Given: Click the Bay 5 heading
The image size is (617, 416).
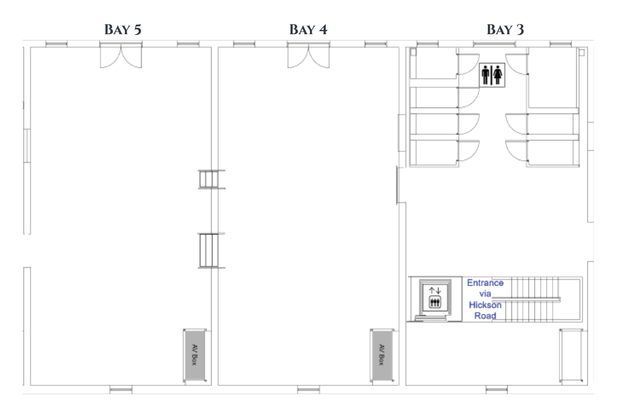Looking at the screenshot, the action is pyautogui.click(x=123, y=29).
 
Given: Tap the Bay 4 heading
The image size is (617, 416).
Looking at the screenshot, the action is pyautogui.click(x=308, y=29).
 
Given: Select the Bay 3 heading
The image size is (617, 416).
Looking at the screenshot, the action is pyautogui.click(x=505, y=29).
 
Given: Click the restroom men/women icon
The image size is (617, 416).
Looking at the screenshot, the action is pyautogui.click(x=492, y=74).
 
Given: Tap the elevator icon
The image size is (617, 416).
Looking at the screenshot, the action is pyautogui.click(x=435, y=298).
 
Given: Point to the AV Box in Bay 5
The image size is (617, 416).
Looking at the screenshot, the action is pyautogui.click(x=195, y=355).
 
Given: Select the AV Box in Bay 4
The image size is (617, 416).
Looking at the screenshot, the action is pyautogui.click(x=381, y=355).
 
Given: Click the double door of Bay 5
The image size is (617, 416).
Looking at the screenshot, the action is pyautogui.click(x=121, y=56).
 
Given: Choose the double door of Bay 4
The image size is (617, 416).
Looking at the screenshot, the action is pyautogui.click(x=309, y=56).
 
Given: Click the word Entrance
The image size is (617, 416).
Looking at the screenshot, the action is pyautogui.click(x=485, y=283).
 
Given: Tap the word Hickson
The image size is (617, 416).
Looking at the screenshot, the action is pyautogui.click(x=485, y=305).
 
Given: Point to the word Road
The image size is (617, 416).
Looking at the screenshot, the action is pyautogui.click(x=485, y=316).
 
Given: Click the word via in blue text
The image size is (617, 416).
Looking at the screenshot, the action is pyautogui.click(x=485, y=294).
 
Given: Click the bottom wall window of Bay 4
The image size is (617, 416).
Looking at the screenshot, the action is pyautogui.click(x=309, y=390).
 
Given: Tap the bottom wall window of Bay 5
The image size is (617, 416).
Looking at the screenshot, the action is pyautogui.click(x=121, y=390).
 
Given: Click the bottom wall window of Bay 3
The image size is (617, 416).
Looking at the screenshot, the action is pyautogui.click(x=497, y=390).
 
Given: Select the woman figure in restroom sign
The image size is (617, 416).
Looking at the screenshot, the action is pyautogui.click(x=498, y=74).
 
